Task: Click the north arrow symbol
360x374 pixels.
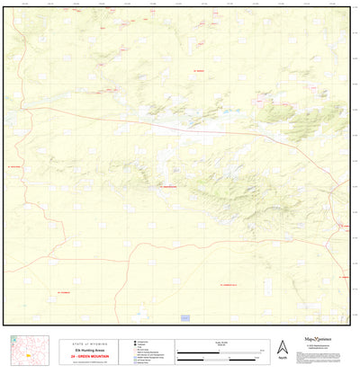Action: (x=282, y=345)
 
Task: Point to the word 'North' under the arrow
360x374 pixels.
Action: (x=282, y=358)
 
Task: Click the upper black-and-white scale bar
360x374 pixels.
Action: (x=220, y=349)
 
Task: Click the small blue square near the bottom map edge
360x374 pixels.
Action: (x=185, y=317)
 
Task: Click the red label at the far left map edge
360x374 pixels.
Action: (x=14, y=166)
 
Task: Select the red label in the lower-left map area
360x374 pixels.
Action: (x=63, y=292)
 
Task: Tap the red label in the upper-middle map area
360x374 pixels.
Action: (x=199, y=70)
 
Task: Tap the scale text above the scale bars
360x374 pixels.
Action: (x=220, y=342)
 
